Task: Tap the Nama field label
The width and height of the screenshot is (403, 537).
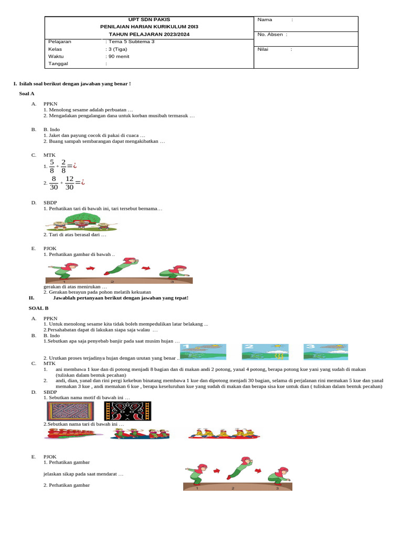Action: pyautogui.click(x=265, y=19)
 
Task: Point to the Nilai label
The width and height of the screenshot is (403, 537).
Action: pyautogui.click(x=263, y=49)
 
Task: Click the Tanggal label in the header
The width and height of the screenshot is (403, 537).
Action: pyautogui.click(x=58, y=63)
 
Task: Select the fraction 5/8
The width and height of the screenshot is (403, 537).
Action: pyautogui.click(x=52, y=166)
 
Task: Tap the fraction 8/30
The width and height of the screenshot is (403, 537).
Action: pyautogui.click(x=53, y=183)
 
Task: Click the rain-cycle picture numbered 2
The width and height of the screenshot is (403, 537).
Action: pyautogui.click(x=265, y=351)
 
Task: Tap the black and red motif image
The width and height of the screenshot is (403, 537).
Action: pyautogui.click(x=128, y=411)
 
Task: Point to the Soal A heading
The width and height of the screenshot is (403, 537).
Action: pyautogui.click(x=26, y=93)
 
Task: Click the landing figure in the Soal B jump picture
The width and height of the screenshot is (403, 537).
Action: pyautogui.click(x=278, y=474)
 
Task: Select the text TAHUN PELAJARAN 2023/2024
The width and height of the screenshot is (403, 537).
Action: pyautogui.click(x=149, y=34)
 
